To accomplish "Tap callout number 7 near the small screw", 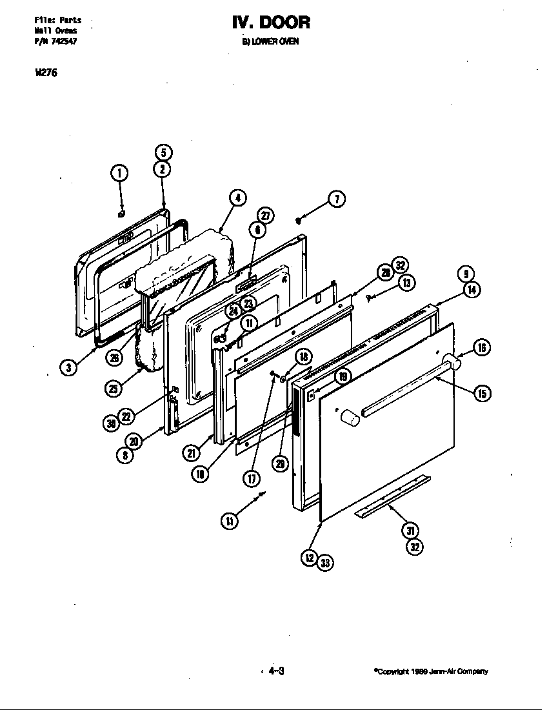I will coord(336,199).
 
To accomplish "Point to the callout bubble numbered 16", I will coord(481,348).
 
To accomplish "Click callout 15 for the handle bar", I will coord(481,393).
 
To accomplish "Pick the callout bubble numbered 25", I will coord(114,388).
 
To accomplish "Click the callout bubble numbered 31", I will coord(410,530).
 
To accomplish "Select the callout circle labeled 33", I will coord(325,563).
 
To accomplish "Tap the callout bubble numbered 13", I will coord(406,282).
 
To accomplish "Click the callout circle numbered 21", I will coord(191,453).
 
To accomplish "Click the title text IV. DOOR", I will coord(271,23).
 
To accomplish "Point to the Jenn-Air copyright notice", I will coord(431,671).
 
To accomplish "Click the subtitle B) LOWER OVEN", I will coord(270,42).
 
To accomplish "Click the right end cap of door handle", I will coord(454,364).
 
